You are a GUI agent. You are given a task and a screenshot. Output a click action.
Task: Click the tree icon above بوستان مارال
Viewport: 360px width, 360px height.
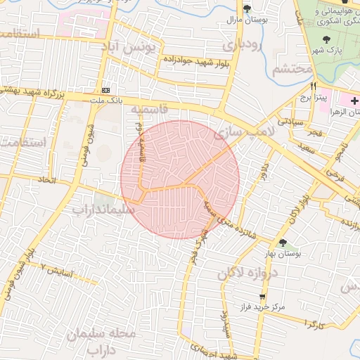247,8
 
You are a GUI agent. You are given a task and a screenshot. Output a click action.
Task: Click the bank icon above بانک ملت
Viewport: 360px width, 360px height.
106,91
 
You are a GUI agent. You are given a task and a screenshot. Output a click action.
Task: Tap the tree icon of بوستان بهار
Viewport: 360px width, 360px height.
282,243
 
